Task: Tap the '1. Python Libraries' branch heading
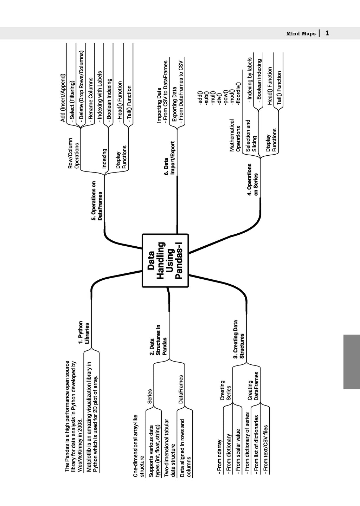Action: (x=84, y=332)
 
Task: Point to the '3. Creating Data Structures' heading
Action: (x=238, y=339)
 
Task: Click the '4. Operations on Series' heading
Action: (x=252, y=179)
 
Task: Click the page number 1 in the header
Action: (x=327, y=33)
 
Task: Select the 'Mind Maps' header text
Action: (x=301, y=34)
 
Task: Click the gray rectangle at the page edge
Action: (x=351, y=361)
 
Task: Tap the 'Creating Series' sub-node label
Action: (x=225, y=390)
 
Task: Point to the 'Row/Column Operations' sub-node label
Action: (x=73, y=153)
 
